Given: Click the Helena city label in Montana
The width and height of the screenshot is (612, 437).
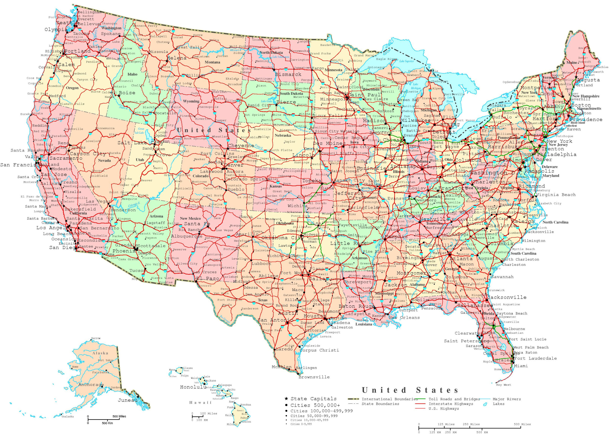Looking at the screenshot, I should click(176, 58).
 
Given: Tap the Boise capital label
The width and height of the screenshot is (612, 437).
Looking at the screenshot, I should click(127, 93).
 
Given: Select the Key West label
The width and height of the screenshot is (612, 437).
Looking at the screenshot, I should click(504, 385).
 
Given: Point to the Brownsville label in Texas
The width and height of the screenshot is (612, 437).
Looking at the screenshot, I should click(314, 377).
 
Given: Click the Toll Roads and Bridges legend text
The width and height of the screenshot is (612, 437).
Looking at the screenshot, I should click(454, 399).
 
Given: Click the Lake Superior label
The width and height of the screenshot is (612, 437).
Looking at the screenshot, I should click(406, 61).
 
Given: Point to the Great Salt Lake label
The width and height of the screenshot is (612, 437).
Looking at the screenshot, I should click(140, 131).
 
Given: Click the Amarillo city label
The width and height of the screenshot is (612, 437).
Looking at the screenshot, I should click(247, 234).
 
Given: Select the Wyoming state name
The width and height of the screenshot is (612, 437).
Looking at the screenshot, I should click(191, 101).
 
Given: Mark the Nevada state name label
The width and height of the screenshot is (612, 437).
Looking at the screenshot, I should click(104, 160).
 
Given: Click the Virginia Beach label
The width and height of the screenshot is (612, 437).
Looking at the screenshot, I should click(556, 195).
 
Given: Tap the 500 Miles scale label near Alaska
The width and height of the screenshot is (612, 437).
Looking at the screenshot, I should click(119, 416).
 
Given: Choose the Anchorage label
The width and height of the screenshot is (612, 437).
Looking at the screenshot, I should click(91, 385).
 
